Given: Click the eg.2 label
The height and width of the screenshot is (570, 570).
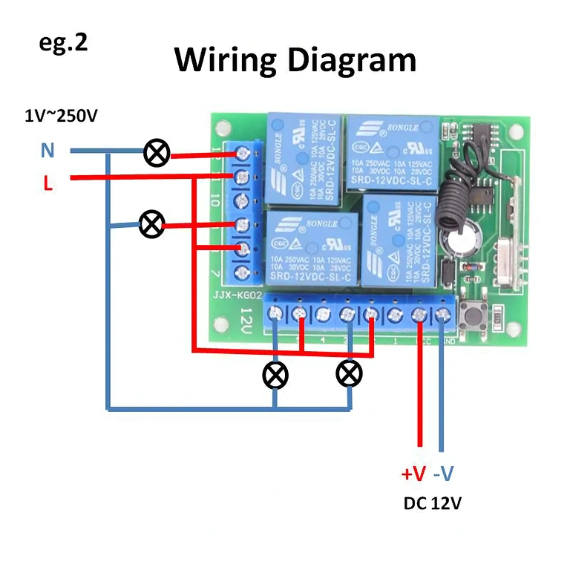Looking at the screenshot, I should (x=63, y=42).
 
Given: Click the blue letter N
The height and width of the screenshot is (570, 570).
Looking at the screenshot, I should (x=47, y=151).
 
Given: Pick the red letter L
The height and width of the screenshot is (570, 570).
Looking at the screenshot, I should (x=47, y=183).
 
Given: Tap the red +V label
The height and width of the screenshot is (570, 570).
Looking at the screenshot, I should (x=413, y=473).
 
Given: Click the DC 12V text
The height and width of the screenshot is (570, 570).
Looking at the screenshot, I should (x=432, y=503).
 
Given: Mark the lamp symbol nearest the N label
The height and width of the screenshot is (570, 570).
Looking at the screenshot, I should (x=157, y=154).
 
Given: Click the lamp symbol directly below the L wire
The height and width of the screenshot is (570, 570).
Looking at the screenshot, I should (x=152, y=223).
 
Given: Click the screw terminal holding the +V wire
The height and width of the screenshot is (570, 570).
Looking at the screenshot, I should (x=419, y=315).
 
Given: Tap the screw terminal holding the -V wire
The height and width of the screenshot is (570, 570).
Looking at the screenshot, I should (x=444, y=315).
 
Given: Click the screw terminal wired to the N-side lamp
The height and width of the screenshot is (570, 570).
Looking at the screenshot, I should (x=242, y=154).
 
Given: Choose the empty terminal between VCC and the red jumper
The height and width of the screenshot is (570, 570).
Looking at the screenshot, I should (x=395, y=315).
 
